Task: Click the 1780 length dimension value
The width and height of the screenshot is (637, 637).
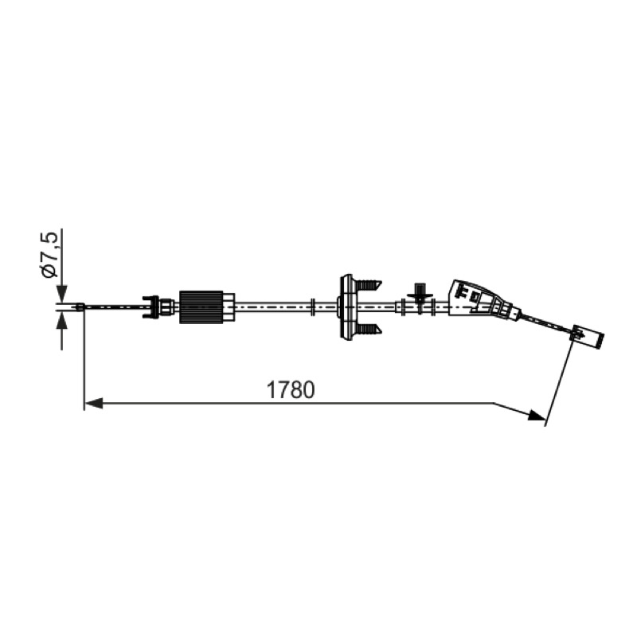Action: coord(290,389)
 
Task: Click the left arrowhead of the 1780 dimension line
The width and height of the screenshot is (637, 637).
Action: coord(93,404)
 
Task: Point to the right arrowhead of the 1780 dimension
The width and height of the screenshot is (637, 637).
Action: coord(537,415)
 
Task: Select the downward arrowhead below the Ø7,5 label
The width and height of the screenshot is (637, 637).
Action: coord(61,292)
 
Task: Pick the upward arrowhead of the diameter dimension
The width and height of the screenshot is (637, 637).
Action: coord(61,321)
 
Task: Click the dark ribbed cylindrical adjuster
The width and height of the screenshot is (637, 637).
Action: coord(201,307)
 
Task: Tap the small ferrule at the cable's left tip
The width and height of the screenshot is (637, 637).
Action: coord(80,307)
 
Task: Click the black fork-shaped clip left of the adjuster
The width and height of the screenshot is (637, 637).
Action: coord(150,307)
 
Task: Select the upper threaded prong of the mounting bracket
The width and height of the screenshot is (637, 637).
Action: coord(369,284)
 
